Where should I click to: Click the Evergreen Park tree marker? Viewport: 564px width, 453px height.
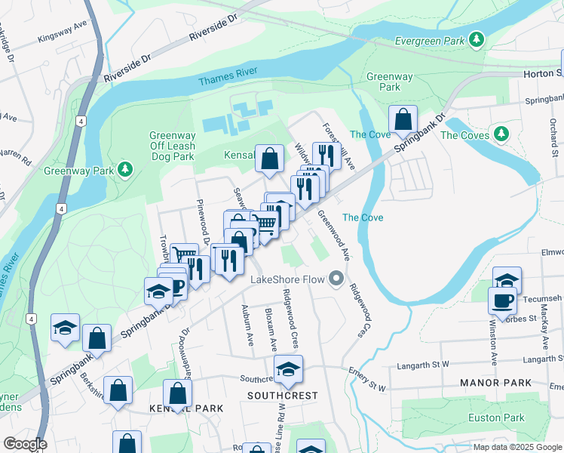(x=476, y=39)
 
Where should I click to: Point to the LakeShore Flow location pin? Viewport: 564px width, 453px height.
(x=336, y=280)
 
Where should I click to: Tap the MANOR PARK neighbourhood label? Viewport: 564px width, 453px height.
(x=496, y=384)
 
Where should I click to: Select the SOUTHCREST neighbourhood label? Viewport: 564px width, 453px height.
(x=283, y=396)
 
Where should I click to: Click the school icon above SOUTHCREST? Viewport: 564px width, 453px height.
(x=288, y=370)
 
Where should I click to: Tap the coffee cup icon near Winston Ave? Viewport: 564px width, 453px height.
(x=502, y=301)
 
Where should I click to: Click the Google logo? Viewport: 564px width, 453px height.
(x=25, y=444)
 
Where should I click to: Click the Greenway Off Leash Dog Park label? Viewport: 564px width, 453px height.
(x=172, y=146)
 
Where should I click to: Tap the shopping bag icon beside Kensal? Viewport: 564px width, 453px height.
(x=269, y=159)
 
